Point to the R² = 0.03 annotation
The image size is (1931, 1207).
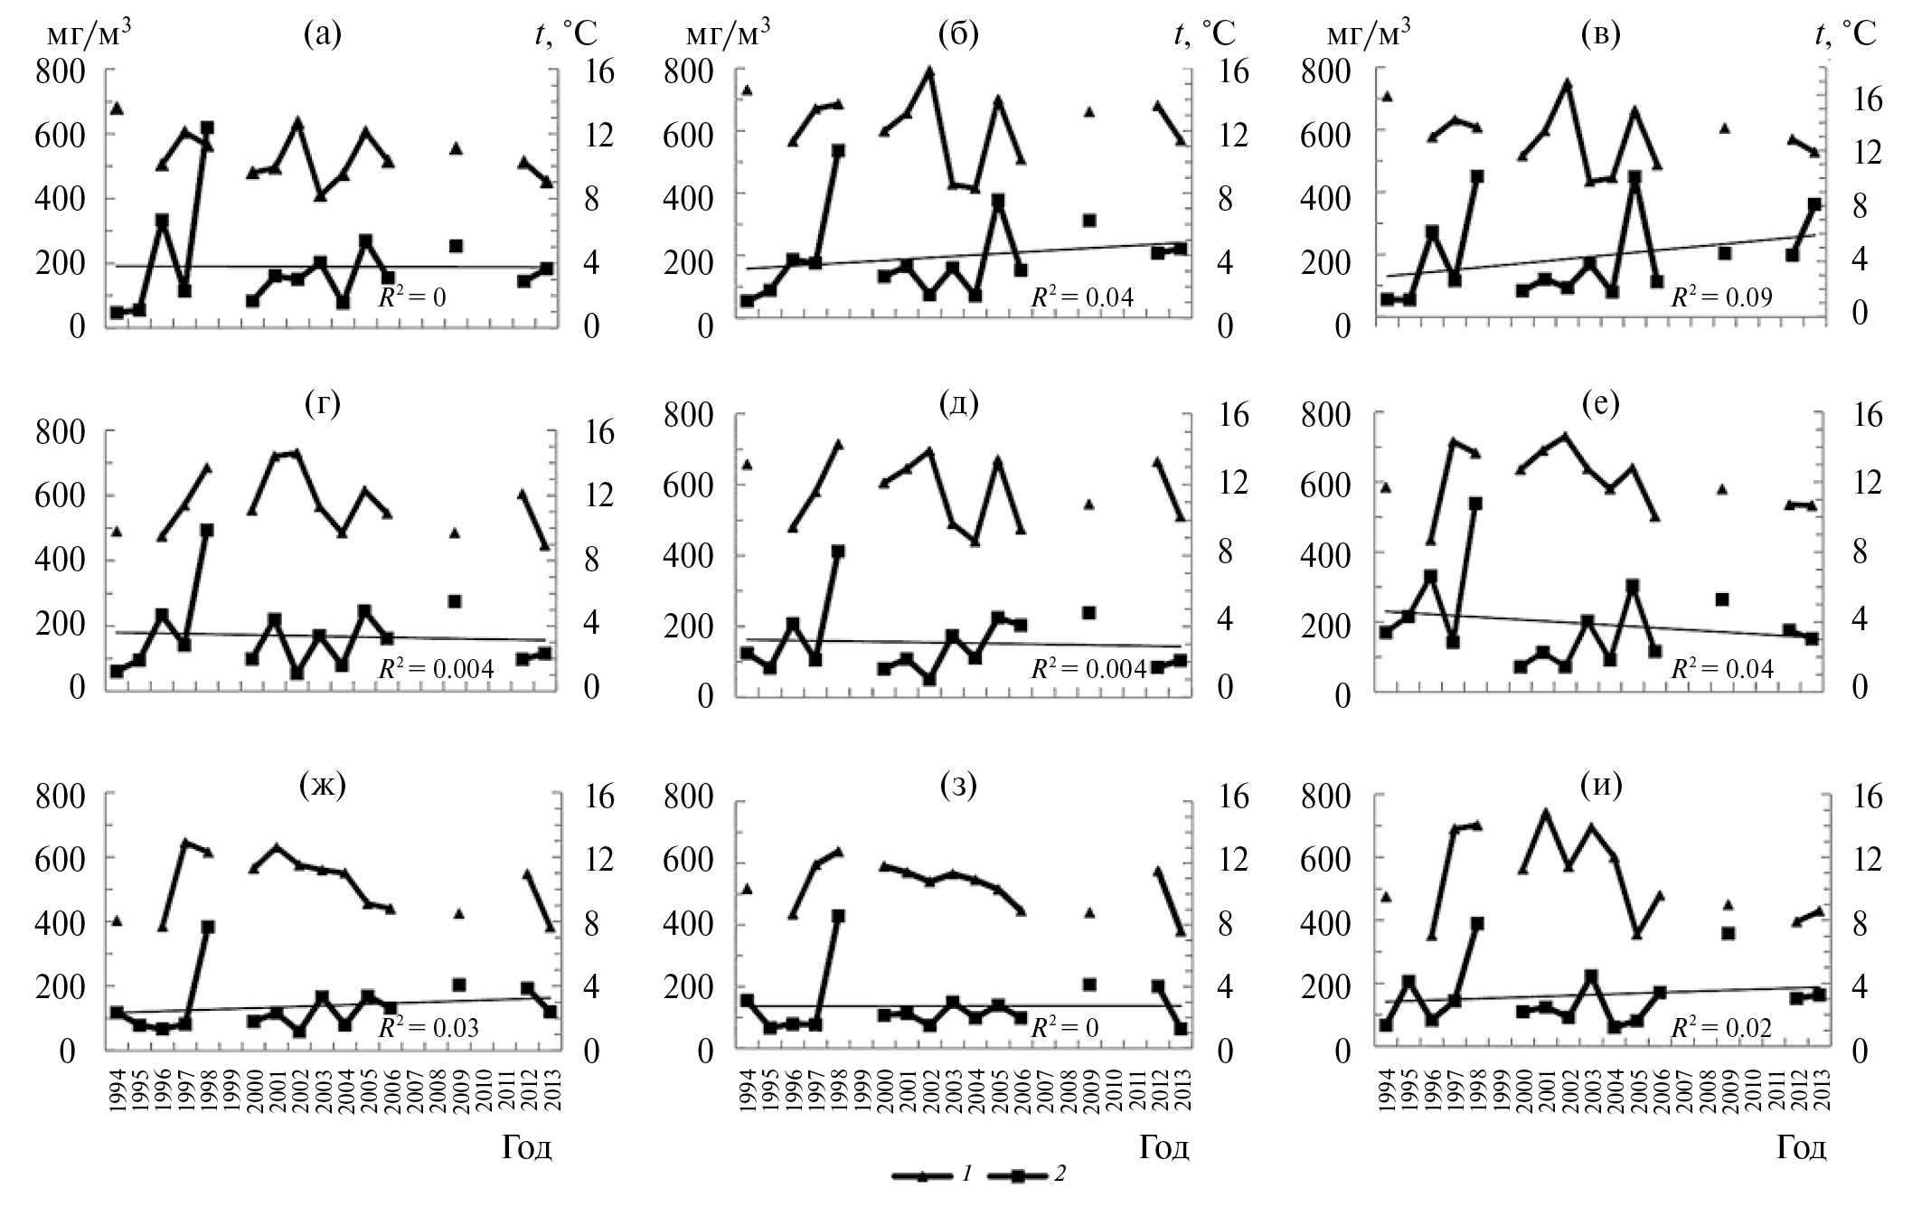428,1028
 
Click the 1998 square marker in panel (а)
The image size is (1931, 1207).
207,128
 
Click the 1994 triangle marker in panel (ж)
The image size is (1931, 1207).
116,921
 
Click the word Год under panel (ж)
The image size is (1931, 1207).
527,1147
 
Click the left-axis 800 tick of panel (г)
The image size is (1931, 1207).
61,431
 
